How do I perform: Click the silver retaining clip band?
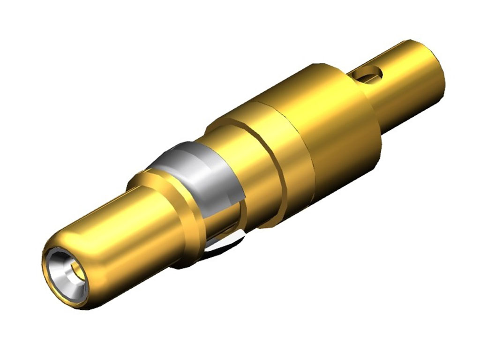(x=197, y=169)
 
